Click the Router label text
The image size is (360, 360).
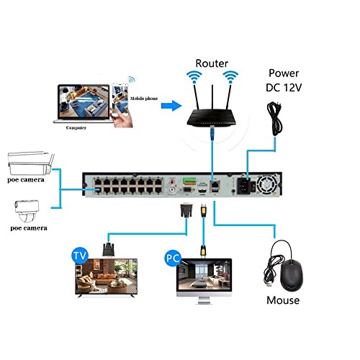[x=212, y=63]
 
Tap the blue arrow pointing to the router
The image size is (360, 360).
[x=171, y=105]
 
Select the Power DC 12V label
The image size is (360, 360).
[x=284, y=81]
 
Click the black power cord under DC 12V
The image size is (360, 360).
[x=275, y=119]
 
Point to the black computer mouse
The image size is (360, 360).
[x=292, y=275]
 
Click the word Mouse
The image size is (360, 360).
[x=283, y=300]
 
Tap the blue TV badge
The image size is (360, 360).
[x=80, y=256]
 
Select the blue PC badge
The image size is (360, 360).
[x=173, y=258]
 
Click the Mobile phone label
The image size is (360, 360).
[x=144, y=99]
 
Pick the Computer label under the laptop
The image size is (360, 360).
[x=76, y=127]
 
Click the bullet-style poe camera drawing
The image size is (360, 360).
[x=31, y=163]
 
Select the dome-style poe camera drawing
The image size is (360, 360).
[x=27, y=212]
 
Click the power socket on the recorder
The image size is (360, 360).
[x=243, y=186]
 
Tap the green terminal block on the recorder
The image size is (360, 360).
[x=189, y=181]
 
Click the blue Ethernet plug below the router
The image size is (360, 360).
[x=212, y=132]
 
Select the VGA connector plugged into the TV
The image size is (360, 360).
[x=109, y=250]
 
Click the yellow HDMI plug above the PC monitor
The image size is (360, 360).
[x=203, y=251]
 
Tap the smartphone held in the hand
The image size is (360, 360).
[x=120, y=99]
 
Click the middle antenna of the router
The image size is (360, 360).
[x=212, y=97]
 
